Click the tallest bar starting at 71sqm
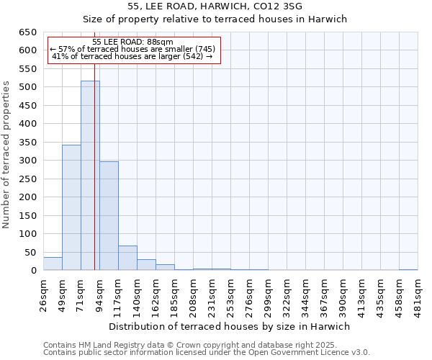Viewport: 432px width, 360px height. pos(90,176)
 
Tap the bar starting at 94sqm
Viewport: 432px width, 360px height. pos(109,216)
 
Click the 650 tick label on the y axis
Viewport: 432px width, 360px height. pos(28,32)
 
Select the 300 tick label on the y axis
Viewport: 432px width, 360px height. pos(28,161)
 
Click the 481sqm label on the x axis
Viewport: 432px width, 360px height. pos(418,296)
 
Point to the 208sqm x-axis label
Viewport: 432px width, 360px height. pos(193,296)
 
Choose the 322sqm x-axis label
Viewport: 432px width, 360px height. pos(287,296)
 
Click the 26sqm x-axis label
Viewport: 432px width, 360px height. pos(43,294)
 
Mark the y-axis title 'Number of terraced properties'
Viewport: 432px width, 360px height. pos(7,155)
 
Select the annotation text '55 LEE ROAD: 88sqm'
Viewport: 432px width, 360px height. pos(133,42)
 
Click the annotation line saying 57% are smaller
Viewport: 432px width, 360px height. pos(133,49)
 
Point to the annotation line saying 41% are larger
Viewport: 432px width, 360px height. pos(133,56)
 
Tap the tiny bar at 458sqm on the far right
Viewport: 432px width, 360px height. pos(408,269)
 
